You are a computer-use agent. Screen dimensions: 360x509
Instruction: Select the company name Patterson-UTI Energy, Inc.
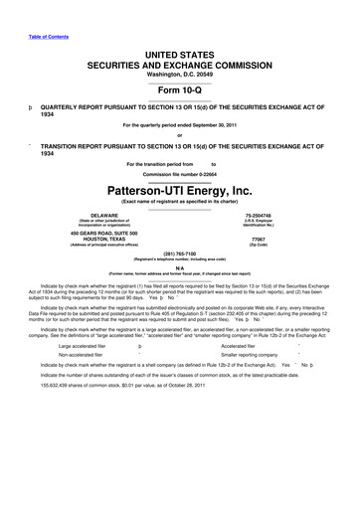[180, 189]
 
